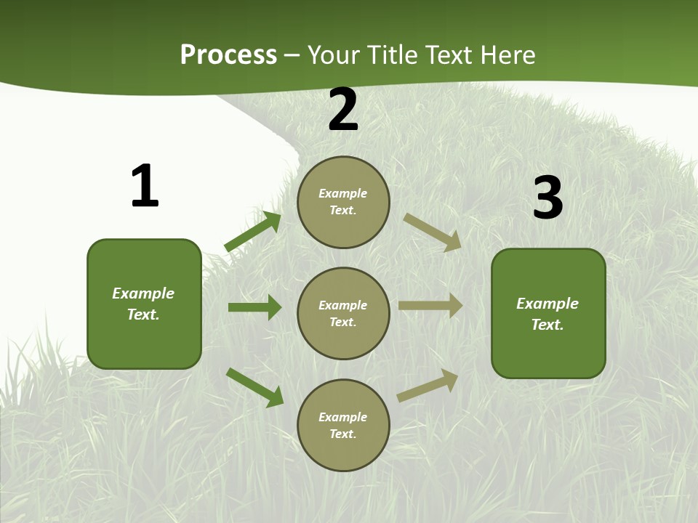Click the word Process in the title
pyautogui.click(x=228, y=55)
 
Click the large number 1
pyautogui.click(x=145, y=186)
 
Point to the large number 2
pyautogui.click(x=343, y=110)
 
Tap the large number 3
pyautogui.click(x=547, y=198)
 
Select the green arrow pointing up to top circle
pyautogui.click(x=253, y=232)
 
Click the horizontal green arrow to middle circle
pyautogui.click(x=254, y=307)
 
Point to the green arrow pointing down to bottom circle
pyautogui.click(x=254, y=387)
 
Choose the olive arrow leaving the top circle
pyautogui.click(x=433, y=232)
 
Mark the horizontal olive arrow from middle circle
pyautogui.click(x=430, y=305)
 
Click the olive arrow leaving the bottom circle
pyautogui.click(x=428, y=386)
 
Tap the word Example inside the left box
pyautogui.click(x=143, y=293)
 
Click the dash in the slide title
pyautogui.click(x=292, y=56)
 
